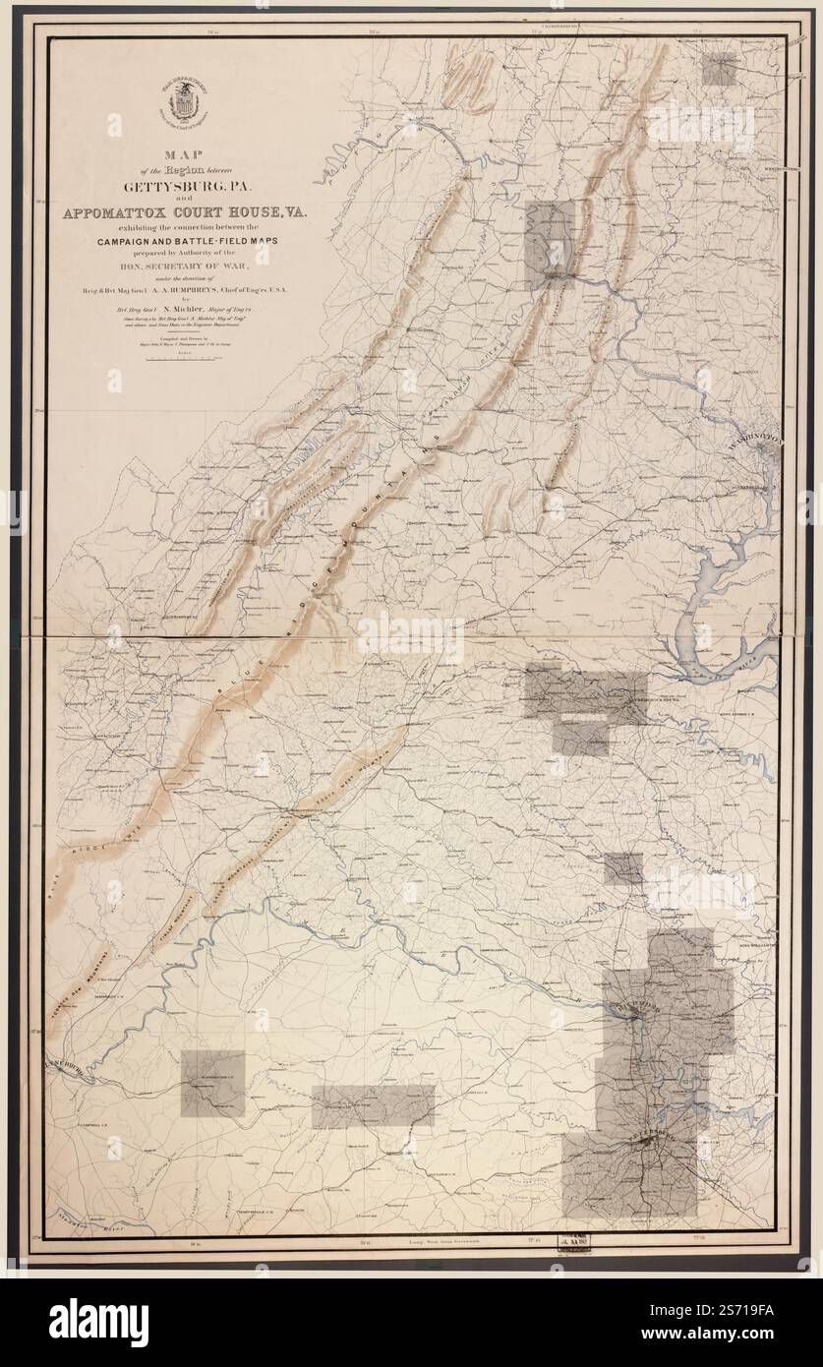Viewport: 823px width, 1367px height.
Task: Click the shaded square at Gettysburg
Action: [x=726, y=72]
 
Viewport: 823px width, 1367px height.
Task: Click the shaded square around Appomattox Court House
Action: [x=213, y=1083]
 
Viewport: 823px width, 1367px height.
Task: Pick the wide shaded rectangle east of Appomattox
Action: [x=373, y=1106]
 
